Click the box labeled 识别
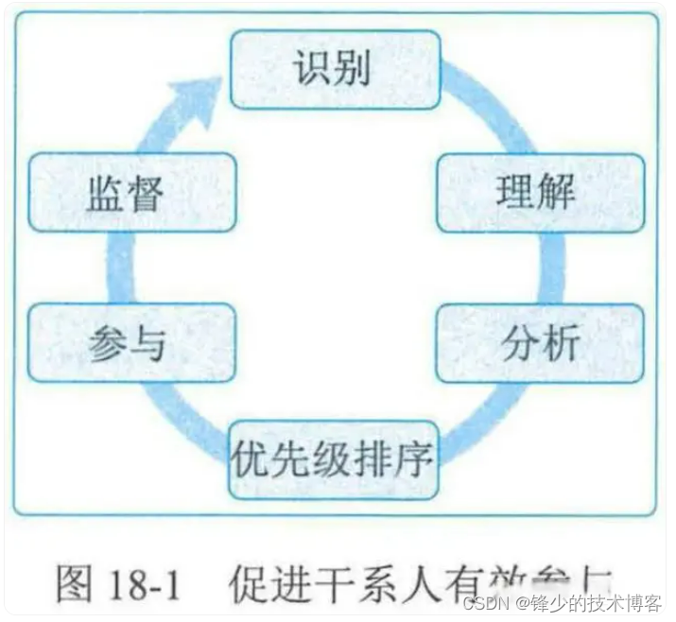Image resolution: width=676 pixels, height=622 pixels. pos(336,69)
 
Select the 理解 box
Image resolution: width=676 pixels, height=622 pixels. pos(540,192)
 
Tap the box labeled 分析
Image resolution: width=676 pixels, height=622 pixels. pos(540,343)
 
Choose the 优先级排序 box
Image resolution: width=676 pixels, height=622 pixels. pos(334,460)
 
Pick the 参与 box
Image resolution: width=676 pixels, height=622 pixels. pos(130,343)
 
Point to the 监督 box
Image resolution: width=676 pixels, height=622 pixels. pos(130,192)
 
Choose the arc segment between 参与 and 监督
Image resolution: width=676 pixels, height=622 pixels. pos(119,268)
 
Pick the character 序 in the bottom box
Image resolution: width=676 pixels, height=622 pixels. pos(415,460)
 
